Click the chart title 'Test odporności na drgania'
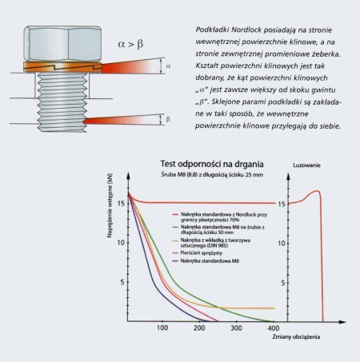click(212, 164)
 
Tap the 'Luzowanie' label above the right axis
click(306, 165)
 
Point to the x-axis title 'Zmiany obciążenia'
click(296, 337)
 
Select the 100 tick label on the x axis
click(162, 328)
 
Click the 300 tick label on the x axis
click(236, 328)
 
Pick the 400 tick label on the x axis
click(274, 328)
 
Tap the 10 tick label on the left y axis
click(121, 243)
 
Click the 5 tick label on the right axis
click(283, 283)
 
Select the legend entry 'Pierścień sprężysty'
click(202, 253)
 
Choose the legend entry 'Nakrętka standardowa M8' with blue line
click(210, 261)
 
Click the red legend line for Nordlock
click(175, 214)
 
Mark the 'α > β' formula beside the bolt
click(130, 44)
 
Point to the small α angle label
click(168, 66)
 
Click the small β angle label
click(168, 119)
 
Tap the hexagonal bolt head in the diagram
click(62, 43)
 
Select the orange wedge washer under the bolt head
click(62, 67)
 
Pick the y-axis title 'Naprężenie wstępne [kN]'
click(110, 205)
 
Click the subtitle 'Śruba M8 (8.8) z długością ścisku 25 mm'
click(212, 175)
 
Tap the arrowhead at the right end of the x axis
click(342, 322)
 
